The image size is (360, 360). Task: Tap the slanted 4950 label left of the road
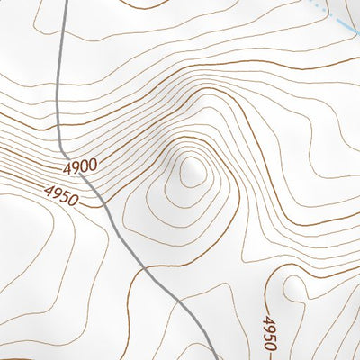tap(59, 192)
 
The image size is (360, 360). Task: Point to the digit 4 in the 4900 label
tap(68, 170)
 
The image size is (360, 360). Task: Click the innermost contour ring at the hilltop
tap(192, 171)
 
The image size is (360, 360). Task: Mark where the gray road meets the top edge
tap(67, 1)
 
